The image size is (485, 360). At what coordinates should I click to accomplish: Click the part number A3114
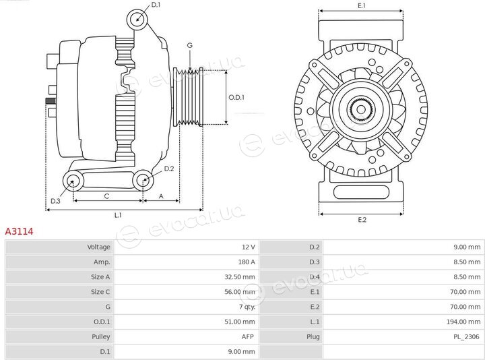click(x=19, y=231)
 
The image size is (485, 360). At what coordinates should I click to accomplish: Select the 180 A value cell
click(x=247, y=262)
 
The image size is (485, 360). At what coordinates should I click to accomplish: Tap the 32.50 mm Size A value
click(x=240, y=276)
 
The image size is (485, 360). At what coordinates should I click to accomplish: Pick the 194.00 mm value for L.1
click(x=463, y=322)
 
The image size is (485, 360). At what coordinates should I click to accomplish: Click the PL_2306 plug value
click(x=466, y=336)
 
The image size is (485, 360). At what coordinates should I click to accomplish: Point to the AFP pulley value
click(x=247, y=336)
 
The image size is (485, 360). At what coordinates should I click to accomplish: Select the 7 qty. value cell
click(x=247, y=307)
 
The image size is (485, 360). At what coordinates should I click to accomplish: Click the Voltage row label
click(x=98, y=247)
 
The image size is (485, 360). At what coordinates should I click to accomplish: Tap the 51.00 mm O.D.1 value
click(x=240, y=322)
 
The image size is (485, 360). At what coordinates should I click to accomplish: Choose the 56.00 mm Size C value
click(x=240, y=292)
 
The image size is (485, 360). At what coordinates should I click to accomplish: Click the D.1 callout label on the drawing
click(x=156, y=5)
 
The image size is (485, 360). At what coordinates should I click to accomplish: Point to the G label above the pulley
click(x=189, y=45)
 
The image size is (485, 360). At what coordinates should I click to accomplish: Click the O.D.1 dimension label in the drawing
click(x=236, y=98)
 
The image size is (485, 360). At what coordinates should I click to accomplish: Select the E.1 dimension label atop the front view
click(x=362, y=5)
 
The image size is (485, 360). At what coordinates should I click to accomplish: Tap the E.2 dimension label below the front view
click(x=362, y=220)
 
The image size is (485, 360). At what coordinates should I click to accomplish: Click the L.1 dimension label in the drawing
click(x=118, y=215)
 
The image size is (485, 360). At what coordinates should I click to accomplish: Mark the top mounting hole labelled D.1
click(x=137, y=19)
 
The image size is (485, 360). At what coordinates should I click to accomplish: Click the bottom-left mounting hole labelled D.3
click(x=73, y=181)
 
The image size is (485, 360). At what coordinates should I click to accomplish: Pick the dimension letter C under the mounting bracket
click(x=106, y=196)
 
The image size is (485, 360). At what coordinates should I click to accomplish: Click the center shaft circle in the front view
click(x=360, y=109)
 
